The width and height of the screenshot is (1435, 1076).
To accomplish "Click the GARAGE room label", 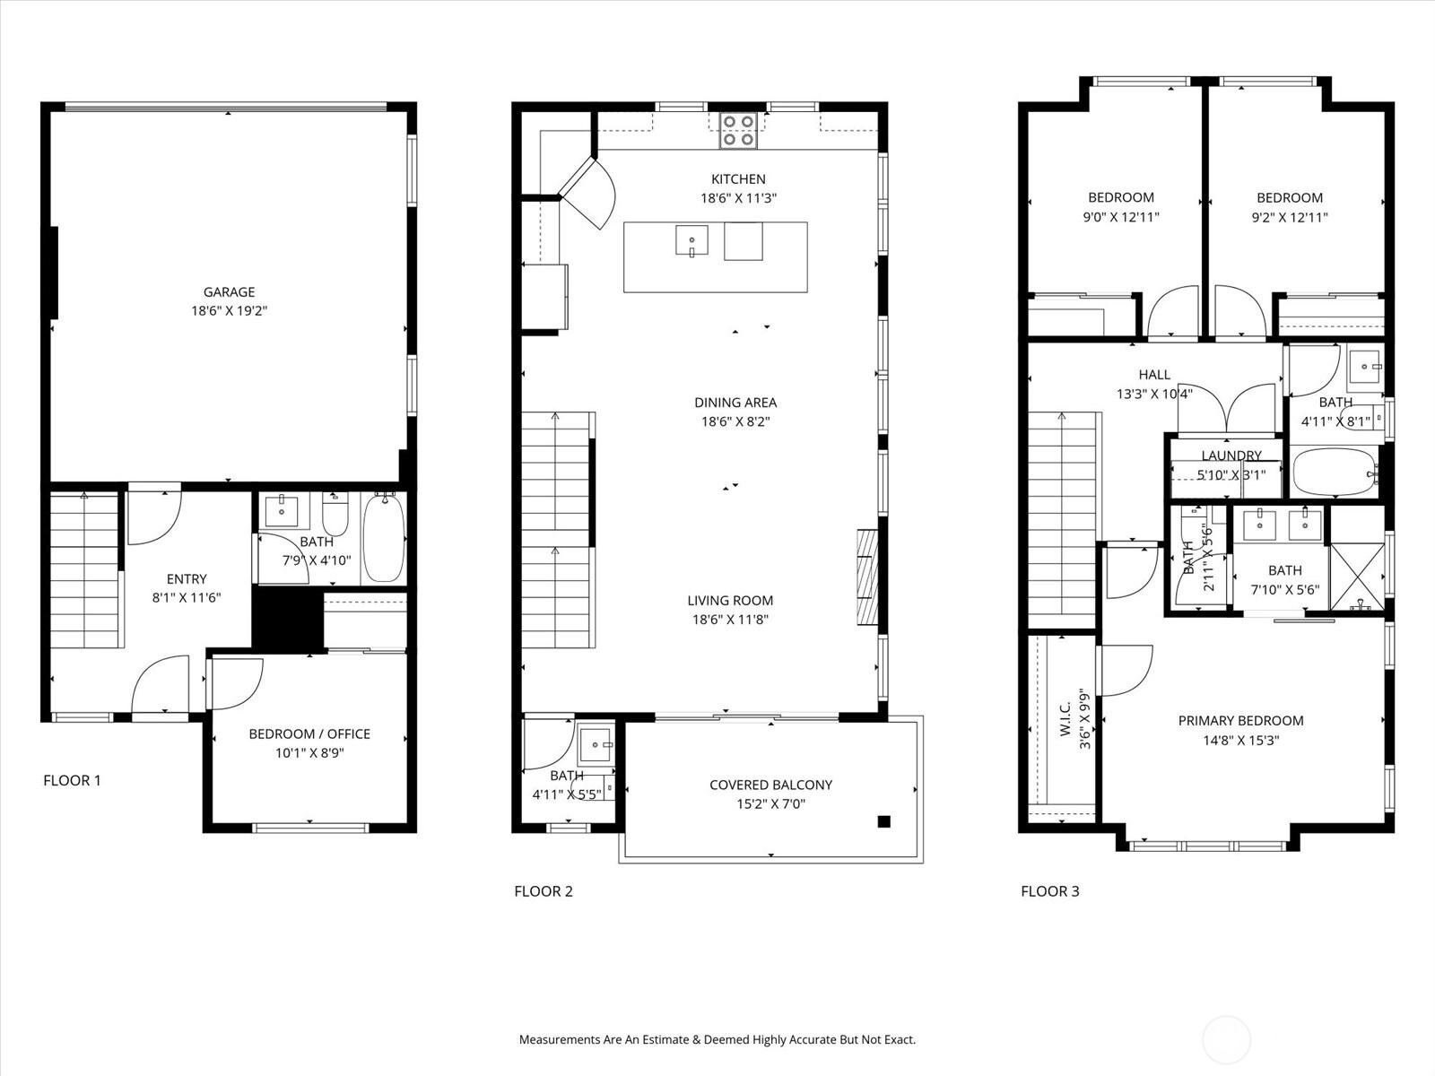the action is [229, 292].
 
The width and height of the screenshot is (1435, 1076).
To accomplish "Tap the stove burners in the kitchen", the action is [739, 131].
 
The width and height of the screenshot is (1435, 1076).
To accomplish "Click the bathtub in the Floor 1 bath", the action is [384, 538].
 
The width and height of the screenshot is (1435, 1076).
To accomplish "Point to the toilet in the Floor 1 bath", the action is [335, 514].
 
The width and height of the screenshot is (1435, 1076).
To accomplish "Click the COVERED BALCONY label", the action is [770, 785].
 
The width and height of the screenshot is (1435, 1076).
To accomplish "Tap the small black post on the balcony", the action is [884, 822].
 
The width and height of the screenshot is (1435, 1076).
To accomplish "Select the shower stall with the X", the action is [1357, 577].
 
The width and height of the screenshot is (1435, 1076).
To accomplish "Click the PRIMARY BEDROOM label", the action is [1241, 721].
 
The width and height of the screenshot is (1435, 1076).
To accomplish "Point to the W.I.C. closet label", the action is [1065, 718].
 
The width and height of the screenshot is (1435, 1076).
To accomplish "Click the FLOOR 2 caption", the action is [544, 891].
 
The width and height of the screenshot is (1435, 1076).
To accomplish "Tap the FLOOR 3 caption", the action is [1050, 891].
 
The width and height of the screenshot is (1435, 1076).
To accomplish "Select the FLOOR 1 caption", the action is [72, 780].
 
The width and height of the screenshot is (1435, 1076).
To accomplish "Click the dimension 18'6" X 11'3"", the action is [739, 198].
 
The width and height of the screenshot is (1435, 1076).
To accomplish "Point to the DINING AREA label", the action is [735, 403].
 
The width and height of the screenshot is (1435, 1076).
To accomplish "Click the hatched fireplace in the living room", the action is [867, 577].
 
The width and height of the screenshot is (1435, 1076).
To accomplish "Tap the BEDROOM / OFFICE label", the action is [309, 733].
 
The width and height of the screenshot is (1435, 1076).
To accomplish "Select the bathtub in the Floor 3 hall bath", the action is [1335, 472].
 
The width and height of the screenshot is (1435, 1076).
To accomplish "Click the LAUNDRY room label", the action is [1231, 456].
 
